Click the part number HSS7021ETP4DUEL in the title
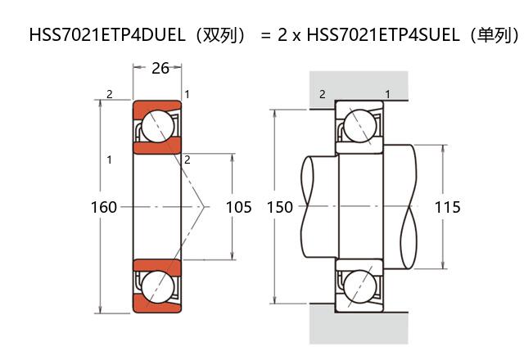click(107, 34)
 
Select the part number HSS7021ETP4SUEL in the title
click(383, 34)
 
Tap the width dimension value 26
click(160, 68)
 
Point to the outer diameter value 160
click(104, 207)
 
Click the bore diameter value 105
click(238, 207)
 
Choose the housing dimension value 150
click(280, 207)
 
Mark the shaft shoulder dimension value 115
click(448, 207)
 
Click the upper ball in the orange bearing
click(158, 126)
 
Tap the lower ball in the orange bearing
click(158, 286)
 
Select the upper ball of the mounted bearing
click(360, 126)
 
